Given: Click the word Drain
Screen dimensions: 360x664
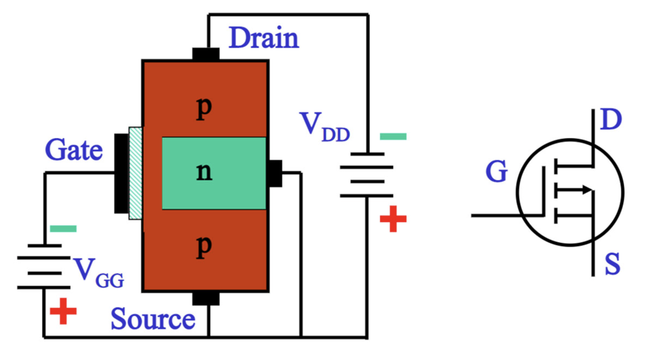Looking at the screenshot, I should [264, 38].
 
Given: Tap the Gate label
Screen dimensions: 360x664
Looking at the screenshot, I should [74, 149].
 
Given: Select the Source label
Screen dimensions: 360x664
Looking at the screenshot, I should [153, 319].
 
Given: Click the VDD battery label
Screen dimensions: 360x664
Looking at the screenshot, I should [324, 127].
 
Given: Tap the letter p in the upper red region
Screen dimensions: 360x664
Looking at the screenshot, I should [204, 109].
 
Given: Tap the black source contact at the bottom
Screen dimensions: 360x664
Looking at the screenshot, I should [206, 298].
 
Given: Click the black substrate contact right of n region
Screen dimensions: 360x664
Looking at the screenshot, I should [275, 173].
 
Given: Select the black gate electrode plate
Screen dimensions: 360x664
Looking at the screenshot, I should [121, 173].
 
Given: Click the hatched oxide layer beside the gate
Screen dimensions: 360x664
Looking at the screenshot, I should [135, 173].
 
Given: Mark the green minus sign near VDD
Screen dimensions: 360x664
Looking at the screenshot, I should [392, 137].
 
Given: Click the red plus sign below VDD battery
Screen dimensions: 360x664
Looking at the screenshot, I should [392, 219].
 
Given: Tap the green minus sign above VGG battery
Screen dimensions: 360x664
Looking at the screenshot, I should [63, 229].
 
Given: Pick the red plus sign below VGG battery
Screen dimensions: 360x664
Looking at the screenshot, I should [63, 312].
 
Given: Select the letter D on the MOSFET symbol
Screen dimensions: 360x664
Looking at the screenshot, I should [610, 120].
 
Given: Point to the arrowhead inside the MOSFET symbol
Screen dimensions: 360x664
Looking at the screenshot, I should [586, 190].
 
